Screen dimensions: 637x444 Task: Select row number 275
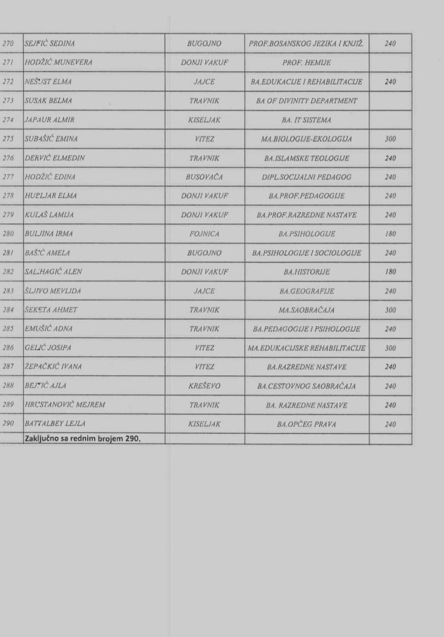coord(9,139)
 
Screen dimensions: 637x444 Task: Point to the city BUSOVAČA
coord(204,177)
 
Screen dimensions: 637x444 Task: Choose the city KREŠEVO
coord(204,386)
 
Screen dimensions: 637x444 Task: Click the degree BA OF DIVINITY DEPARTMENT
coord(306,101)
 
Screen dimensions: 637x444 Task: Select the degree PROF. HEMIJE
coord(306,63)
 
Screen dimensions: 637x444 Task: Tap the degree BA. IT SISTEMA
coord(306,119)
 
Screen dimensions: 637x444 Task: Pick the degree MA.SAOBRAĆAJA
coord(306,310)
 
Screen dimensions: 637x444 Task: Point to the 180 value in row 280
coord(390,234)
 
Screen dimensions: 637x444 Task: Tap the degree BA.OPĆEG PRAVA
coord(306,424)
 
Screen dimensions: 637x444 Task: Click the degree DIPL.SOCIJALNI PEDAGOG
coord(306,177)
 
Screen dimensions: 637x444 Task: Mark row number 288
coord(9,386)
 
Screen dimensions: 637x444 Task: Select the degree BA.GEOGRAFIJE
coord(306,291)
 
